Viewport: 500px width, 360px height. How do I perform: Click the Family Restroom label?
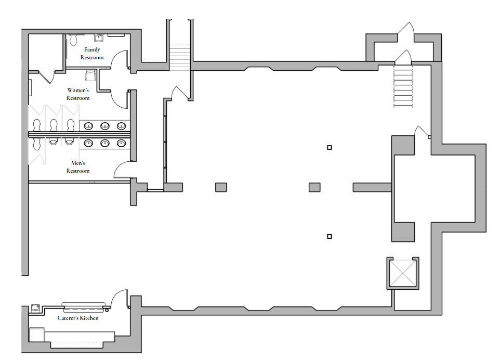pos(92,54)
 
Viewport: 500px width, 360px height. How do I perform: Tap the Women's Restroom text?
pos(78,94)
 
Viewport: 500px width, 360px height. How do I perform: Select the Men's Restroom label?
pos(78,167)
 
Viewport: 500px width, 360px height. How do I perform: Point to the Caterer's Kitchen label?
pos(78,318)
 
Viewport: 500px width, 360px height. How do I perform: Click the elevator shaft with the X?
pos(403,273)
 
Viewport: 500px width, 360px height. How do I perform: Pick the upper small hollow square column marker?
pos(330,147)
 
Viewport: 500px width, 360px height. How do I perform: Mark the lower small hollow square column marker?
pos(330,237)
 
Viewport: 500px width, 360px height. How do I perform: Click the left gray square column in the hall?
pos(221,187)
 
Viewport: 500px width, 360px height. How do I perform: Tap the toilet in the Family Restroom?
pos(74,40)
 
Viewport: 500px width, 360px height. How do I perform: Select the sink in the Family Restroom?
pos(99,38)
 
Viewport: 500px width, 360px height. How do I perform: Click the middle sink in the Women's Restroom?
pos(105,126)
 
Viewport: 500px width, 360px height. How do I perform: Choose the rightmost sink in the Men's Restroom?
pos(121,143)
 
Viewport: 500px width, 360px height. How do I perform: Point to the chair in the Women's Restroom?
pos(90,75)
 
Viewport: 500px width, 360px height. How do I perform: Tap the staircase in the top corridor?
pos(180,57)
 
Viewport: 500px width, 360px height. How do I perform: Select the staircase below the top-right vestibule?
pos(403,86)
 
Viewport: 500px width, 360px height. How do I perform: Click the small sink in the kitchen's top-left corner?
pos(35,308)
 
